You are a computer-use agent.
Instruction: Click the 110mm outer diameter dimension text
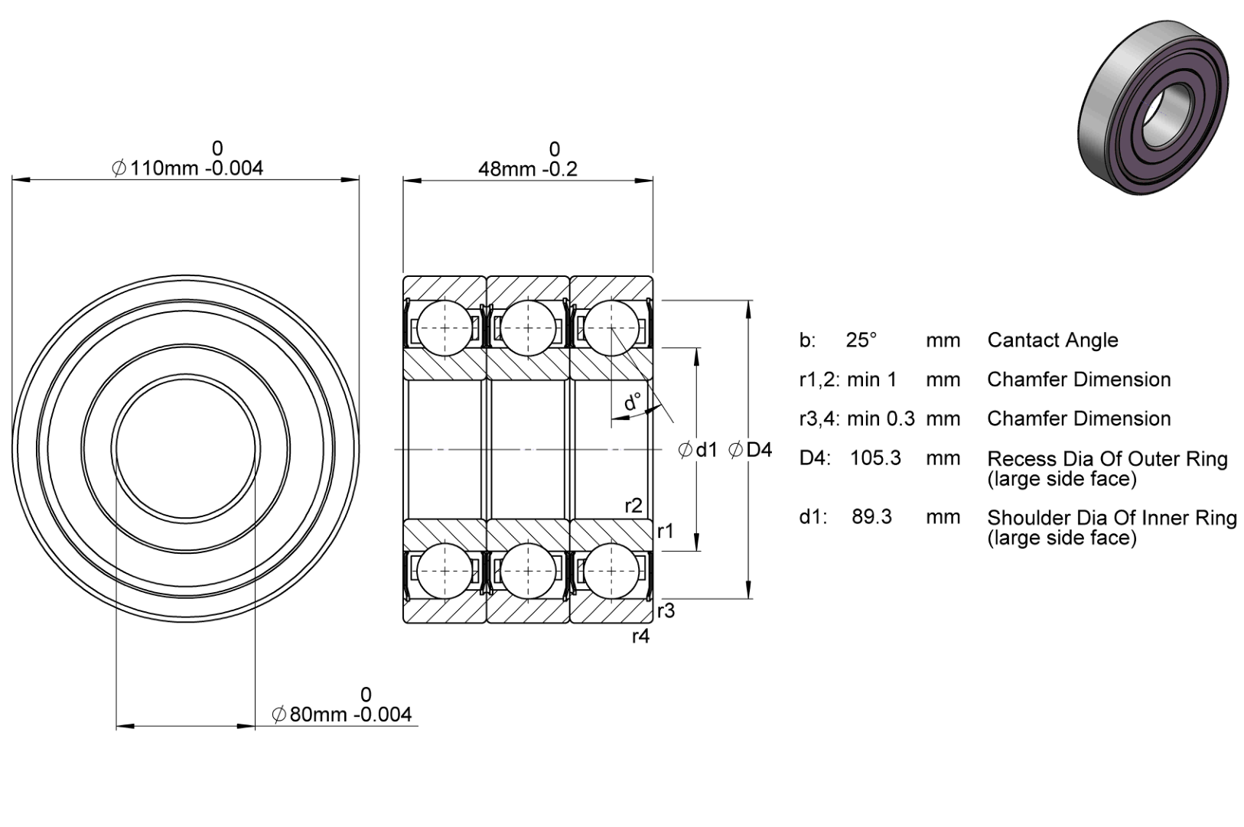pos(187,168)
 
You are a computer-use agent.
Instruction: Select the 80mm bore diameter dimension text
pos(341,715)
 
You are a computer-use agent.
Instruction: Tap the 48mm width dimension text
pos(528,168)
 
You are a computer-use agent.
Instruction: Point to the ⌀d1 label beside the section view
pos(698,450)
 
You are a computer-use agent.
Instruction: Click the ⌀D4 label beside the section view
pos(751,450)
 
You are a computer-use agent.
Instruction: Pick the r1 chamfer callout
pos(666,532)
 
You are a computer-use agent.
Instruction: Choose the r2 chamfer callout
pos(633,506)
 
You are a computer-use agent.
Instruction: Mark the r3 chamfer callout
pos(666,611)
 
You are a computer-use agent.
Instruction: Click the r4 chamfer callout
pos(641,636)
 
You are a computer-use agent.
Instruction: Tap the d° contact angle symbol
pos(633,402)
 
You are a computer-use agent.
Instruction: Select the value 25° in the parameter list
pos(861,340)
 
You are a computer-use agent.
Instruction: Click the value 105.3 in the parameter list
pos(876,458)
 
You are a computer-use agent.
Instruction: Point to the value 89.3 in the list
pos(872,516)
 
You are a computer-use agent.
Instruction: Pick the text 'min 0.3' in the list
pos(881,418)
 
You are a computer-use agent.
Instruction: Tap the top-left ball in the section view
pos(445,327)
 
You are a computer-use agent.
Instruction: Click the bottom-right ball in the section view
pos(611,571)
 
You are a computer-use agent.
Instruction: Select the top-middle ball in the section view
pos(528,327)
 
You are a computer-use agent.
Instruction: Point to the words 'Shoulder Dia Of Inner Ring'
pos(1112,518)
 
